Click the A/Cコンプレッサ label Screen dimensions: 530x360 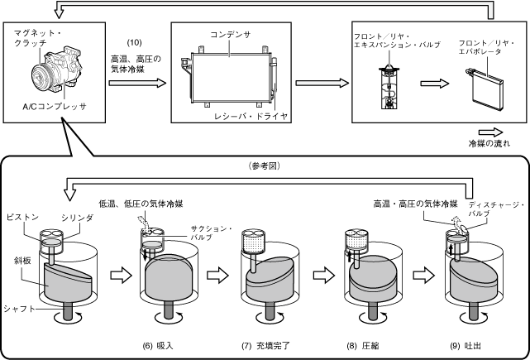55,106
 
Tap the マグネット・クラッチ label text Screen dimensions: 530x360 39,37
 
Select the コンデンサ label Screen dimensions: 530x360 231,35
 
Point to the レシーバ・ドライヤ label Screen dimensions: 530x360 251,117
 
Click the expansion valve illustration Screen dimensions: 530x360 389,87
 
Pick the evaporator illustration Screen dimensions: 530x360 484,89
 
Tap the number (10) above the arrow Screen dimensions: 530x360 134,43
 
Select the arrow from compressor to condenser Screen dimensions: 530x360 137,83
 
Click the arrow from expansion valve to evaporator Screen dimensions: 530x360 435,84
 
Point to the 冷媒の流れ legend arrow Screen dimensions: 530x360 491,132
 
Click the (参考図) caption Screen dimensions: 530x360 265,166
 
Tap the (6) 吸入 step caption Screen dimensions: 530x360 158,346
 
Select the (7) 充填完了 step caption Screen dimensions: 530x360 265,346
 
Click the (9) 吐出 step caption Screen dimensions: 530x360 466,346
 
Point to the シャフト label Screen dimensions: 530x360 19,309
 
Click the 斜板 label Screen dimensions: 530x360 22,261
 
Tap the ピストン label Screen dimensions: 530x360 22,217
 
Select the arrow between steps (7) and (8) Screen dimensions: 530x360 324,275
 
